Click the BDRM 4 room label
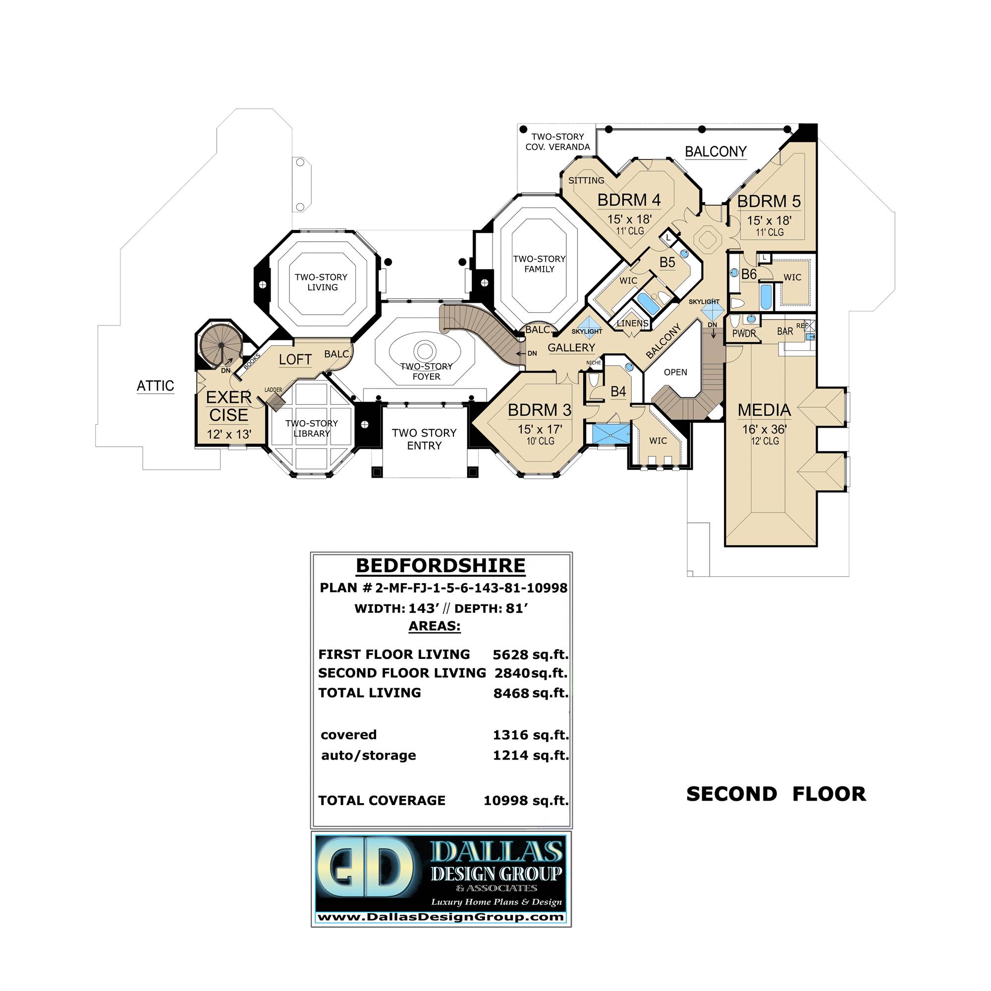pos(629,200)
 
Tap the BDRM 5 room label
pos(769,202)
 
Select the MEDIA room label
pos(764,410)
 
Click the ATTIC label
pos(155,385)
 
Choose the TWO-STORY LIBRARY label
pos(311,428)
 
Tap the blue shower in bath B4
pos(610,434)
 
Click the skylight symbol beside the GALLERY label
pos(588,326)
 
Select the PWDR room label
pos(744,334)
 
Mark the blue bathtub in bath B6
pos(766,297)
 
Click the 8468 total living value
pos(511,694)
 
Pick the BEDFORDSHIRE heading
pos(440,566)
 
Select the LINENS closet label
pos(632,323)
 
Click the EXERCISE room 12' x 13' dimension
pos(229,435)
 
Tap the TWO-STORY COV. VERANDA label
pos(557,142)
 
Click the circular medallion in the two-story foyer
pos(424,351)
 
